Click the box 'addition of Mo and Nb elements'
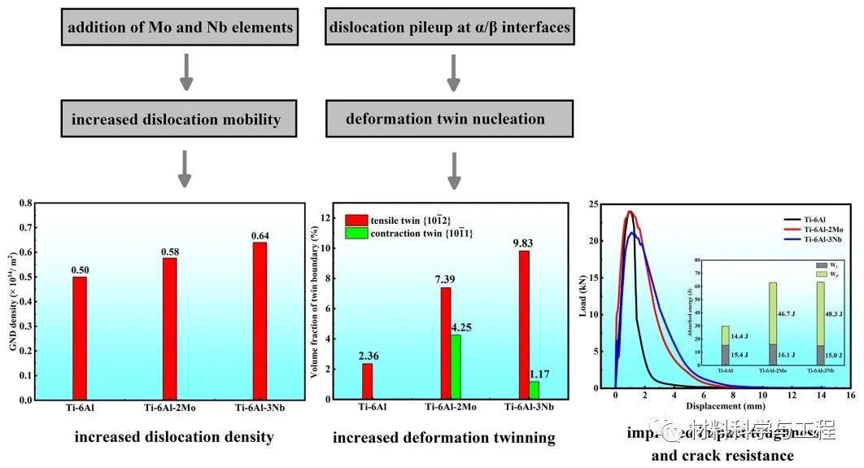click(181, 28)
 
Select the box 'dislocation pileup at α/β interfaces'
click(449, 28)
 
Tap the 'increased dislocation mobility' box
click(176, 119)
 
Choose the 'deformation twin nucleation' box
click(445, 119)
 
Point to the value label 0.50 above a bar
click(79, 269)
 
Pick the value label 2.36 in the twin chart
click(367, 354)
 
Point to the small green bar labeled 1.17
click(534, 390)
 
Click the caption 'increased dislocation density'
click(174, 437)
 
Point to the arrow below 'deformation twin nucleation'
click(454, 169)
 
